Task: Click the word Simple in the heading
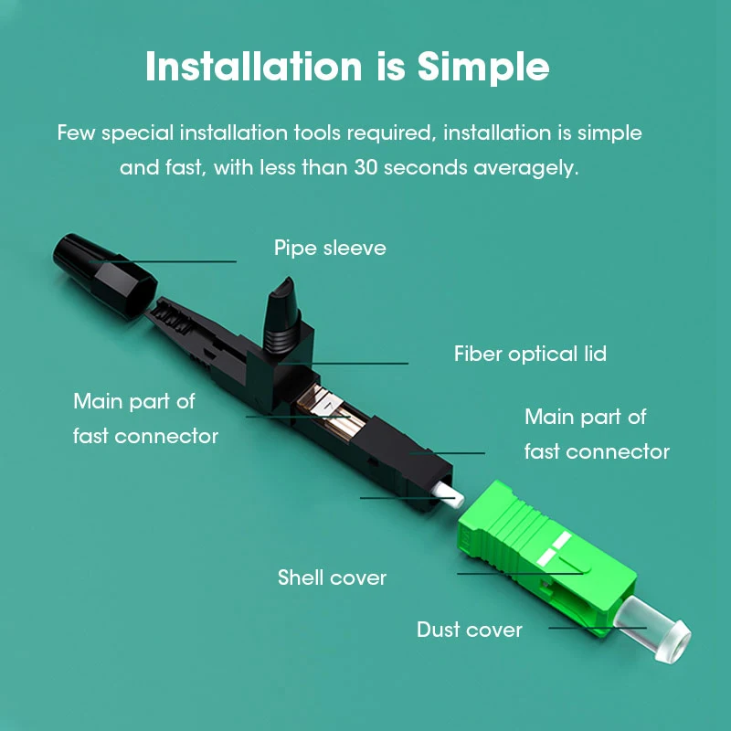[483, 68]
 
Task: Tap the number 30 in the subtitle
[365, 168]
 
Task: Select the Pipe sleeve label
[330, 248]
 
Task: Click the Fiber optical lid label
[530, 354]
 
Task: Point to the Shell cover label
[332, 577]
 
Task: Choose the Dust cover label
[470, 630]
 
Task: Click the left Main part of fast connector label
[145, 418]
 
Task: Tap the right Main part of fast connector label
[597, 434]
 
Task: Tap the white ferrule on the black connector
[450, 494]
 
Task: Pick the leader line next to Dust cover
[594, 628]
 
